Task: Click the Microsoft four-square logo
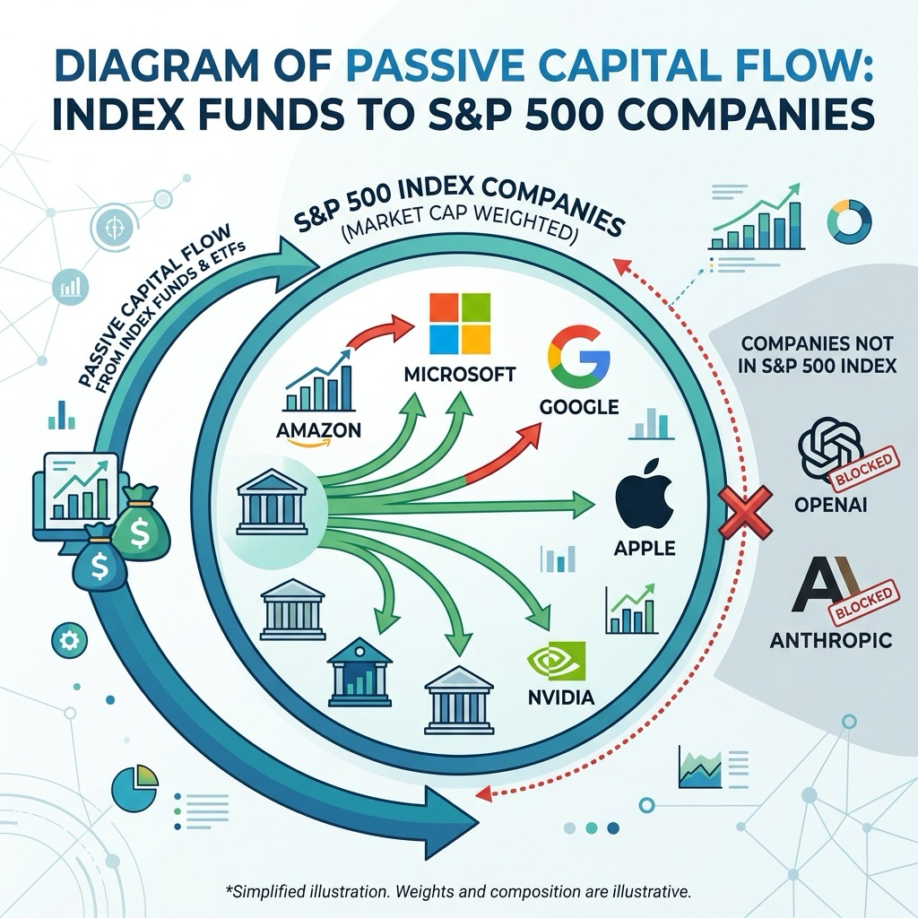[460, 324]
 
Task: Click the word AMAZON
[318, 430]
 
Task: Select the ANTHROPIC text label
[831, 640]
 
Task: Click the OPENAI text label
[831, 504]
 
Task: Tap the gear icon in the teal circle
[70, 641]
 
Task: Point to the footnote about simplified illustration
[458, 892]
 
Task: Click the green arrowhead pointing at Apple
[583, 506]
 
